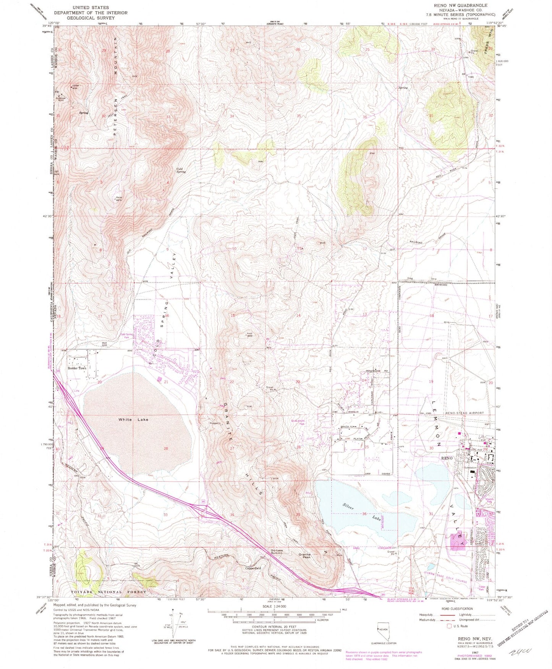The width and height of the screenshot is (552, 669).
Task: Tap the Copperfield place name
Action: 253,568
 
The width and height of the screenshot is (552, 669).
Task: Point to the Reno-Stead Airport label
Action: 465,413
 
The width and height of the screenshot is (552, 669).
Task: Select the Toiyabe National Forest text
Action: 108,592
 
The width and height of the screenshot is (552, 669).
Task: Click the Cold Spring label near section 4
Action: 181,170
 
